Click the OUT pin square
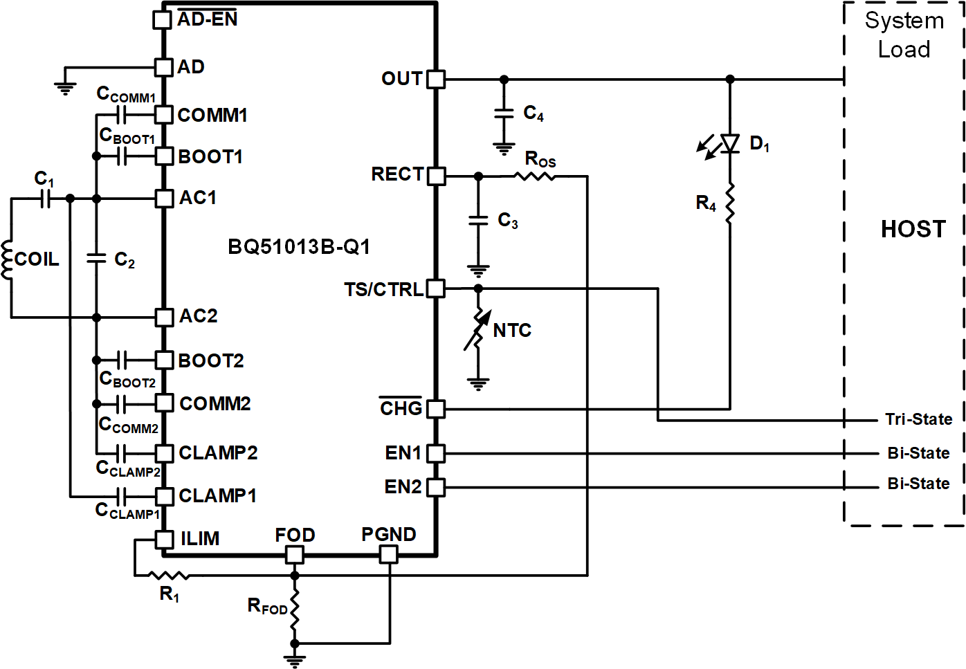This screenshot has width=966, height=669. (436, 79)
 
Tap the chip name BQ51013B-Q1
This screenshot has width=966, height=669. (299, 247)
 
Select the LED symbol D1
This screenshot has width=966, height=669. (729, 143)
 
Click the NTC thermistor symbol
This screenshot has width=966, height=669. (477, 330)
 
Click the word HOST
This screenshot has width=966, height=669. (913, 229)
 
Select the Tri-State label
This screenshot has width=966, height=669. (918, 419)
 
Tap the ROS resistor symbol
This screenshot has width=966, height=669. (535, 176)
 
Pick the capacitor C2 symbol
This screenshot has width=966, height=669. (96, 259)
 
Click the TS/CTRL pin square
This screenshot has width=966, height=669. (436, 288)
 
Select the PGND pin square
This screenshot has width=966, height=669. (389, 554)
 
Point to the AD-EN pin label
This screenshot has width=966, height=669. (207, 19)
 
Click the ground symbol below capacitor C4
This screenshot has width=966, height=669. (504, 148)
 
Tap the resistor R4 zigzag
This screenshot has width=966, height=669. (729, 203)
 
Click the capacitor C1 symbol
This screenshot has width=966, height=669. (45, 199)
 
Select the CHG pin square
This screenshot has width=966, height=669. (436, 409)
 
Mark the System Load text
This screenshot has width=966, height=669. (904, 35)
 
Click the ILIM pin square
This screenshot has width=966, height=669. (164, 539)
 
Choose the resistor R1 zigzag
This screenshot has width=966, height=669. (170, 575)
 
